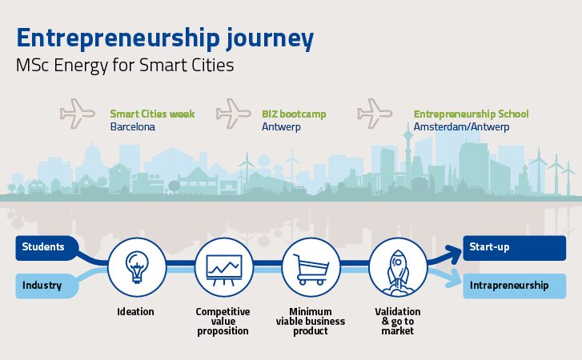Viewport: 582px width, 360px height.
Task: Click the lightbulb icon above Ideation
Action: [x=137, y=267]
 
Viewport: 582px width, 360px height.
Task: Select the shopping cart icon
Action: [x=311, y=270]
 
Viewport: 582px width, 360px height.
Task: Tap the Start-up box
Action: [x=515, y=248]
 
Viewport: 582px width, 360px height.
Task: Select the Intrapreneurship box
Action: [x=515, y=286]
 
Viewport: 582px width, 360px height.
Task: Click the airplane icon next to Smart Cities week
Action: [x=77, y=114]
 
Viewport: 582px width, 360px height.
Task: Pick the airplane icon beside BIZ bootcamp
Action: [x=234, y=114]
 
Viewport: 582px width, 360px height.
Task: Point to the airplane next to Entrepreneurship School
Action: [x=375, y=114]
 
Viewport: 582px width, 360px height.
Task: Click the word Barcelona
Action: [x=133, y=126]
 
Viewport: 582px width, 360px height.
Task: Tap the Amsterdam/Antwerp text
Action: [x=461, y=126]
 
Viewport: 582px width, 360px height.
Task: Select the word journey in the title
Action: [x=270, y=38]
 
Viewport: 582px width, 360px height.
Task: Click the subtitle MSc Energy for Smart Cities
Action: [x=125, y=66]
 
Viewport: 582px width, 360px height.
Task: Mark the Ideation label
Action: [x=135, y=311]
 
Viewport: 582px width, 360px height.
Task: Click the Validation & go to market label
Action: [x=398, y=321]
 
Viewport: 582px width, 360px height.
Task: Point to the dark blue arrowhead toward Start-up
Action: [x=455, y=254]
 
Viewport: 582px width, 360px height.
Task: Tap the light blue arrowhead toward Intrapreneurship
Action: [x=455, y=278]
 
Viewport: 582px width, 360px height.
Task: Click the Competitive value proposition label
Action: [x=223, y=321]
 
